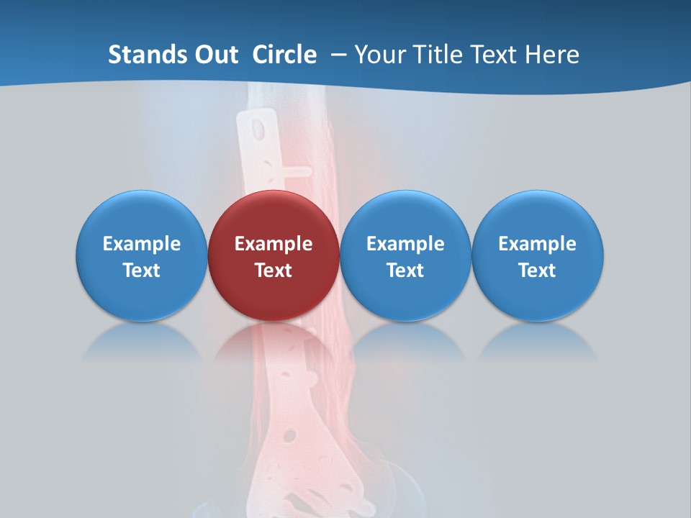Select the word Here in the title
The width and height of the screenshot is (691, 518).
554,55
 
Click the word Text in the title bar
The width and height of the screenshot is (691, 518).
497,55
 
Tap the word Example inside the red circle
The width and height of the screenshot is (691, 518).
274,244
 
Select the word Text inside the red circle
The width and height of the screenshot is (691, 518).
274,271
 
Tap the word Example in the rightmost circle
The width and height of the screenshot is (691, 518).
537,244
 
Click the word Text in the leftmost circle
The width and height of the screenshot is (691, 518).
142,271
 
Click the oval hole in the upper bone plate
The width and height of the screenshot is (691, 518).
256,129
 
